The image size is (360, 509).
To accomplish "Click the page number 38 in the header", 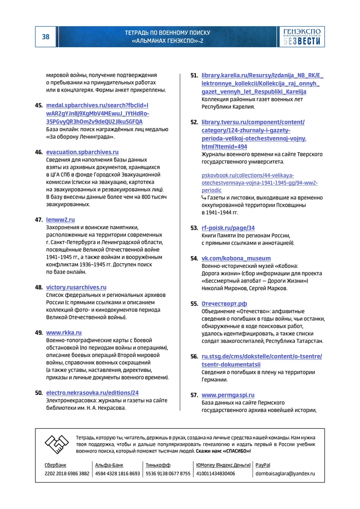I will pos(45,37).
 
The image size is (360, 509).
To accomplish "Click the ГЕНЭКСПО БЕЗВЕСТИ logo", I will pos(302,37).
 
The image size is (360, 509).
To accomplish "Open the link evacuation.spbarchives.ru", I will pos(82,152).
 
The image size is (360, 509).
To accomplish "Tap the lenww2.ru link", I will pos(61,220).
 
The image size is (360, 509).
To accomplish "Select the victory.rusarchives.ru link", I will pos(76,287).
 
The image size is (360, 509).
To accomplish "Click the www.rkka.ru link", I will pos(64,333).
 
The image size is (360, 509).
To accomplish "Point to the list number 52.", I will pos(194,122).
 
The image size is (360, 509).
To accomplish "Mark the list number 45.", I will pos(39,105).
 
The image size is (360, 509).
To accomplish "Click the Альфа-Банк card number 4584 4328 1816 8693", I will pos(117,474).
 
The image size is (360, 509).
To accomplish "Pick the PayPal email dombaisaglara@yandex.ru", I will pos(285,474).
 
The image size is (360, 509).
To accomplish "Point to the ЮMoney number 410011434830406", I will pos(215,474).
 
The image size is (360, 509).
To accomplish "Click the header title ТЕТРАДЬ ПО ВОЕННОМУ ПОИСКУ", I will pos(167,33).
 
